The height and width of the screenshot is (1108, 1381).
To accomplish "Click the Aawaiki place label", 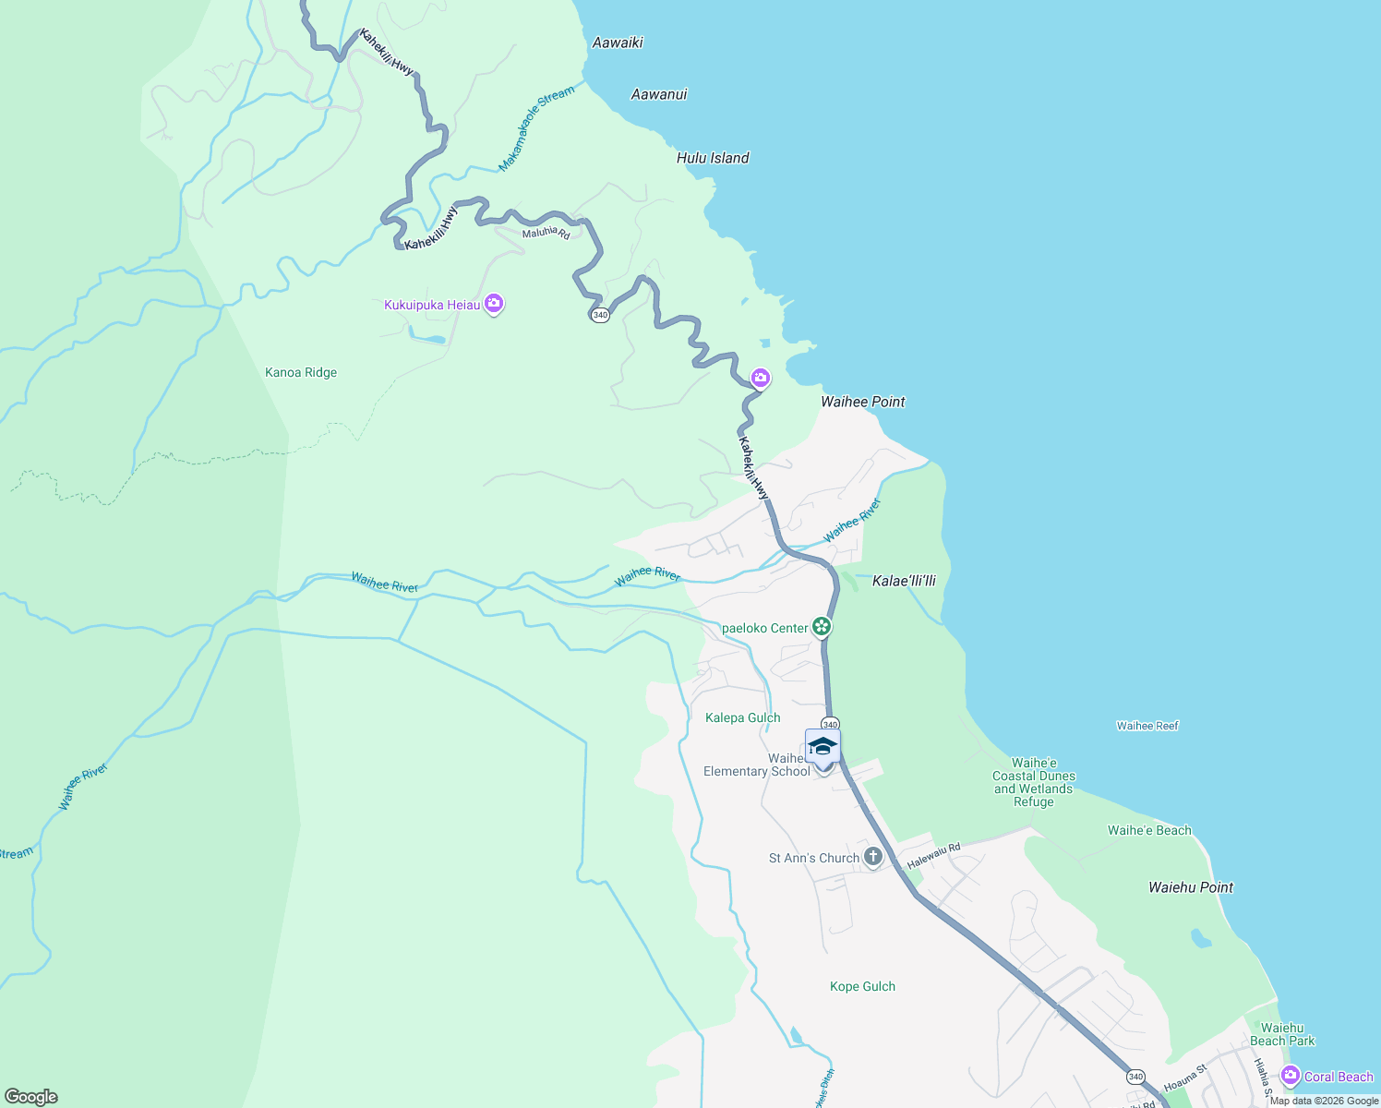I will click(x=618, y=42).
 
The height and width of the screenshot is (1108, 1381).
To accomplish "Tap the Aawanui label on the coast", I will click(x=659, y=94).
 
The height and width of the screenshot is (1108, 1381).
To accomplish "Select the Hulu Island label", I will click(x=713, y=158).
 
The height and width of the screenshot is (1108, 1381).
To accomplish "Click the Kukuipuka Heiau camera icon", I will click(x=494, y=303).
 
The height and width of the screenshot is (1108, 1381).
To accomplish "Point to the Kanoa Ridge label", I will click(x=301, y=373).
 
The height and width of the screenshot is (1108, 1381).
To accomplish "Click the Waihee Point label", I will click(x=863, y=402).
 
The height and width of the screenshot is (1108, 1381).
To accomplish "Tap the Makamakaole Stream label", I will click(x=536, y=127).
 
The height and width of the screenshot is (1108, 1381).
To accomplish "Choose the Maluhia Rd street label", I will click(x=546, y=233).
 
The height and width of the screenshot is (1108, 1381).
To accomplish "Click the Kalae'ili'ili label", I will click(x=904, y=581).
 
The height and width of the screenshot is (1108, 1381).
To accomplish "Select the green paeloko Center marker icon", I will click(x=822, y=627).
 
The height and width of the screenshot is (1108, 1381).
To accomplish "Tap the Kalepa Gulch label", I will click(x=743, y=717).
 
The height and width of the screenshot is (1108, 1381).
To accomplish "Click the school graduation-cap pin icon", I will click(x=823, y=746).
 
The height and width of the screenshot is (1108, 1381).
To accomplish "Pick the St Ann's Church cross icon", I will click(x=872, y=857).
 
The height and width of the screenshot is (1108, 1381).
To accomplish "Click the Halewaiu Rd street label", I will click(x=933, y=856).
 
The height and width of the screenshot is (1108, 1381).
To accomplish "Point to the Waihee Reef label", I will click(x=1147, y=726).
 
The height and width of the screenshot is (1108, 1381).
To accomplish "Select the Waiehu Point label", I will click(x=1191, y=887).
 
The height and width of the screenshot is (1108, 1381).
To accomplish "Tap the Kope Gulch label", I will click(x=862, y=986).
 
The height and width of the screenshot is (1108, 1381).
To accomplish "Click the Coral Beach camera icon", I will click(x=1291, y=1076).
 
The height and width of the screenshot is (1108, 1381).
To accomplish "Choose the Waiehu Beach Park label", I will click(x=1282, y=1034).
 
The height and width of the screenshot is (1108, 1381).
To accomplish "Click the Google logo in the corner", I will click(x=31, y=1097).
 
